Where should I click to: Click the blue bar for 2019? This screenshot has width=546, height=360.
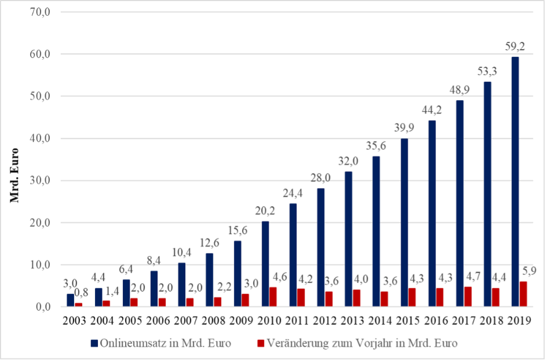click(515, 182)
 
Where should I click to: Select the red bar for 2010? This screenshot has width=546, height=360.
click(273, 297)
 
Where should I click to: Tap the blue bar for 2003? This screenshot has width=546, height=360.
click(70, 300)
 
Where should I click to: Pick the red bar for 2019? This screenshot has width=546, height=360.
click(523, 294)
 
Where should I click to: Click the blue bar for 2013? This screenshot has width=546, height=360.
click(348, 239)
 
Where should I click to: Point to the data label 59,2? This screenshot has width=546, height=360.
click(515, 47)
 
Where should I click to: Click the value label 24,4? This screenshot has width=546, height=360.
click(292, 193)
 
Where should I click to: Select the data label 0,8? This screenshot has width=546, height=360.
click(81, 293)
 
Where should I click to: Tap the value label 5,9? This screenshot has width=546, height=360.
click(529, 270)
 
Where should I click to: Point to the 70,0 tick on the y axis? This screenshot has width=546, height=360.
click(41, 12)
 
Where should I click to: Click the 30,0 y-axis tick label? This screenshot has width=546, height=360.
click(41, 181)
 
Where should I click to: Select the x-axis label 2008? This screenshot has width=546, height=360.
click(214, 321)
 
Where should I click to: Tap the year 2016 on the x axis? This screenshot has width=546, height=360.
click(436, 321)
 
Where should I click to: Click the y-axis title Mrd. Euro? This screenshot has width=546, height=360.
click(14, 175)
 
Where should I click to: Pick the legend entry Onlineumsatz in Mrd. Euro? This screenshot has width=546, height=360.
click(161, 343)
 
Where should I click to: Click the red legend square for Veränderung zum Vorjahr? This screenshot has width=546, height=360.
click(261, 344)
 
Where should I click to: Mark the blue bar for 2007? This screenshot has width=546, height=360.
click(181, 285)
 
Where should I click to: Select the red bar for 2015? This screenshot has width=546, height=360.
click(412, 297)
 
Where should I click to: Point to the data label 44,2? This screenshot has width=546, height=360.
click(432, 110)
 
